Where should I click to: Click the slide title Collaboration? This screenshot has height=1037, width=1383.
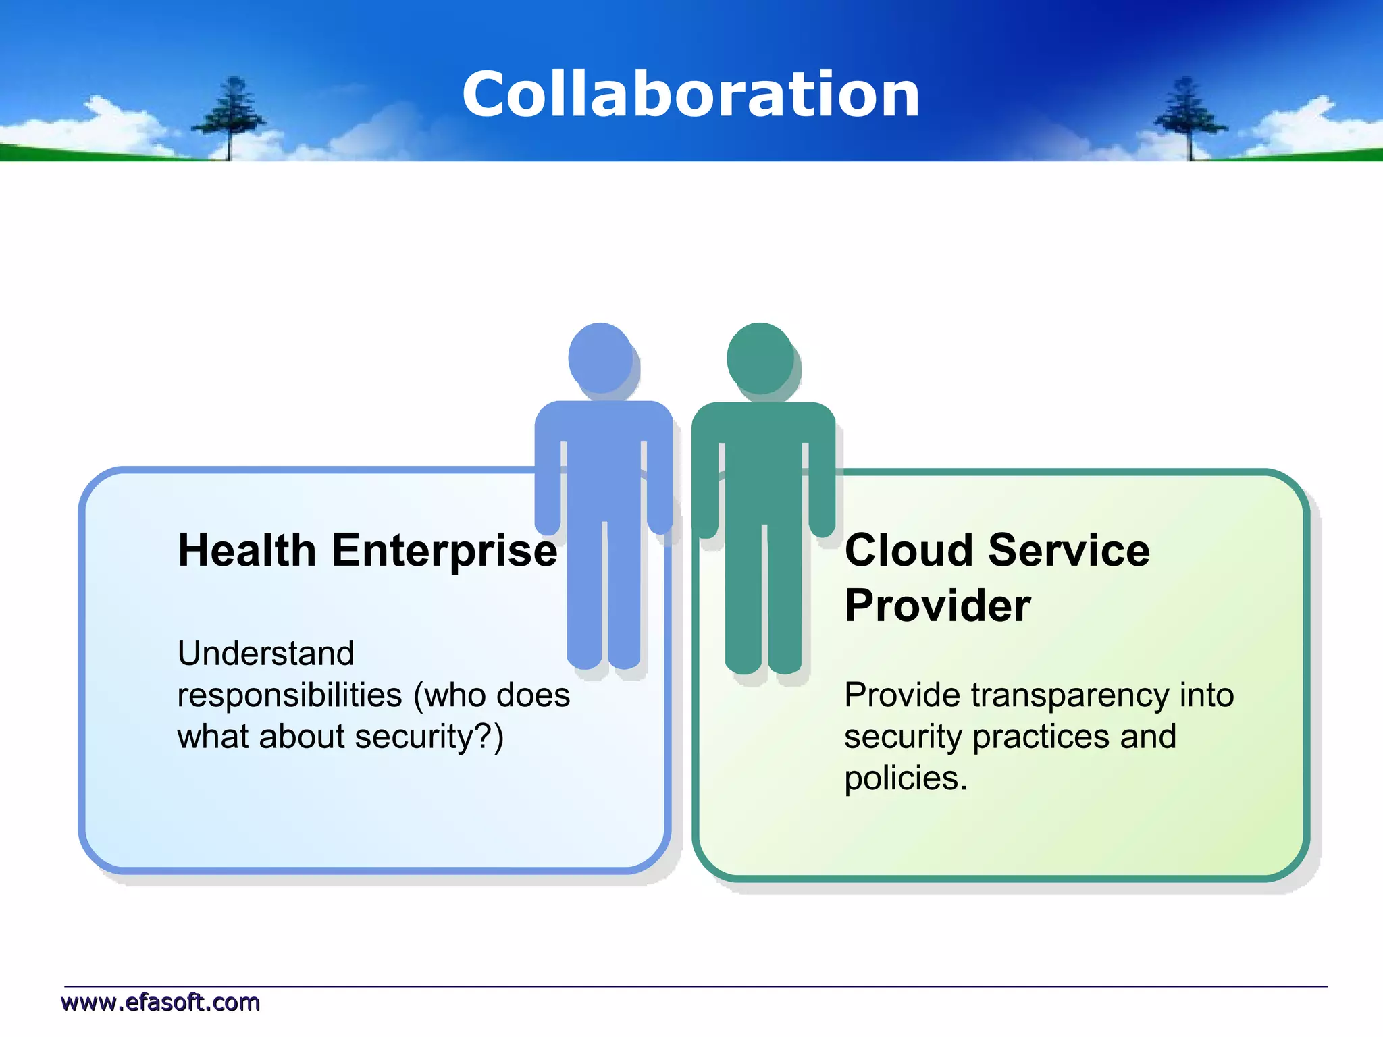[691, 95]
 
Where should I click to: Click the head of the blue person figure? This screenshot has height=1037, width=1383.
[600, 357]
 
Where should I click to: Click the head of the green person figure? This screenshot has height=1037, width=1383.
[760, 357]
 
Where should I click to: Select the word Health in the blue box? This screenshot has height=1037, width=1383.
[246, 550]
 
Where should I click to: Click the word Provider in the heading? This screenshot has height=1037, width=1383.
[937, 606]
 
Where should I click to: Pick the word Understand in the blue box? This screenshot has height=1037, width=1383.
[265, 654]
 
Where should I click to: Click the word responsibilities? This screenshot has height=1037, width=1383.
[290, 695]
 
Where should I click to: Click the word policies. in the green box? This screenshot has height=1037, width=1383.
[906, 779]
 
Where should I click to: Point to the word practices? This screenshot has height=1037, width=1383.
[1041, 737]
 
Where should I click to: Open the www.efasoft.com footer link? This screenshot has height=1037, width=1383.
[161, 1003]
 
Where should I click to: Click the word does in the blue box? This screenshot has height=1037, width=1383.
[533, 695]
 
